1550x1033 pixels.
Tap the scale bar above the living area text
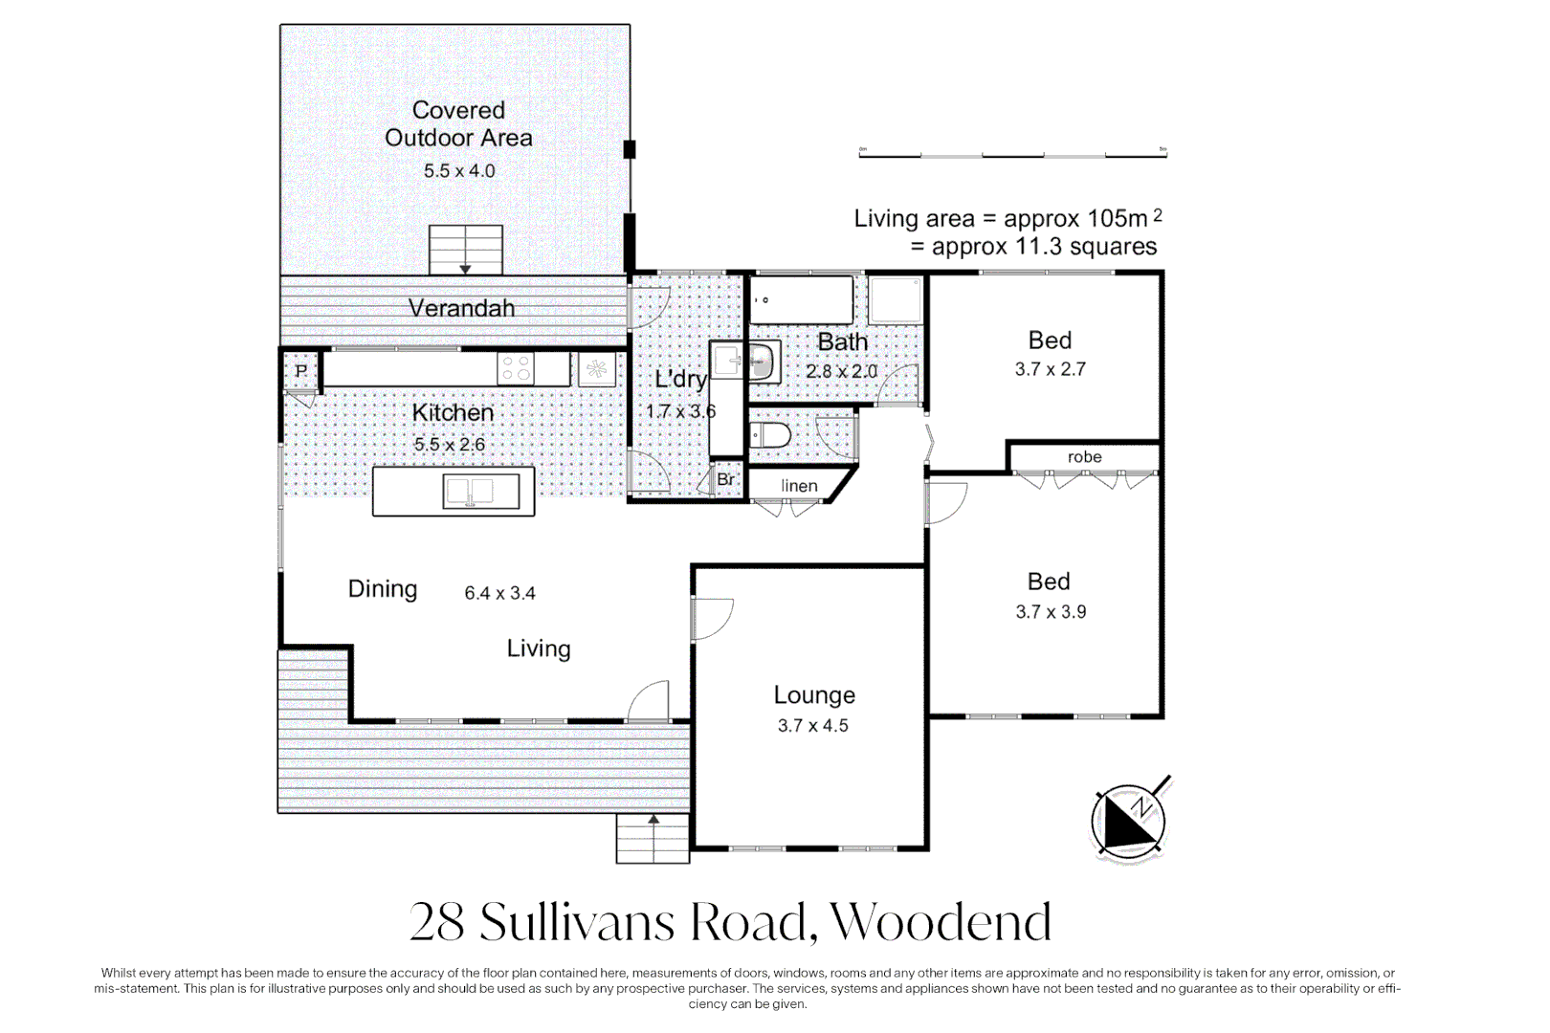tap(1012, 153)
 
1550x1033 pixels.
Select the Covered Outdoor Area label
tap(458, 124)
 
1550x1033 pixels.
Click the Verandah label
tap(461, 308)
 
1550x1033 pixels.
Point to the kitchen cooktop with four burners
tap(517, 368)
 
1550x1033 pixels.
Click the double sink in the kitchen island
tap(481, 492)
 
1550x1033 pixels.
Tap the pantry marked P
tap(301, 371)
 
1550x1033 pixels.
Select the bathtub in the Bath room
tap(801, 300)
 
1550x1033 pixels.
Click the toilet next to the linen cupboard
tap(770, 436)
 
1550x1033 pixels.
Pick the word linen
tap(799, 486)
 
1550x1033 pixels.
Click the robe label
tap(1084, 457)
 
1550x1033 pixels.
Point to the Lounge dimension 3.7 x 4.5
tap(812, 726)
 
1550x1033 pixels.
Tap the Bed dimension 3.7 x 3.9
tap(1051, 612)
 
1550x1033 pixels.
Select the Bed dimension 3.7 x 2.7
tap(1050, 369)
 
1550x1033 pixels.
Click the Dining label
tap(382, 589)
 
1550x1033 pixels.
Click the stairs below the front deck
tap(653, 839)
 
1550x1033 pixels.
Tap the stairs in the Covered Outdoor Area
tap(465, 250)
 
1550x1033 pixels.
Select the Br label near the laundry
tap(726, 479)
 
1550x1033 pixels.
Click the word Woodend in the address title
tap(941, 922)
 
